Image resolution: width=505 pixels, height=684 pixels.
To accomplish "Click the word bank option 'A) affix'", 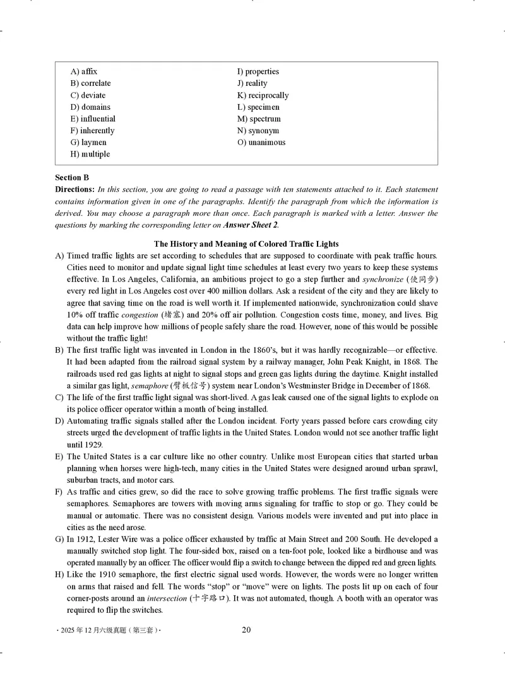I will [84, 71].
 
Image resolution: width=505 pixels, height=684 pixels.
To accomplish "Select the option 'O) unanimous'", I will [261, 143].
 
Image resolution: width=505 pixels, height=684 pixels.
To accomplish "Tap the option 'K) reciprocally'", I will [263, 95].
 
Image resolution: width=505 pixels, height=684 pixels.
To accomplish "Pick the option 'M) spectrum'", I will [259, 119].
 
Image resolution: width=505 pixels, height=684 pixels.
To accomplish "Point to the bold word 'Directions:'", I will [75, 189].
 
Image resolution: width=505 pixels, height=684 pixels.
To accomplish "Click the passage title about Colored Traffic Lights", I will [246, 244].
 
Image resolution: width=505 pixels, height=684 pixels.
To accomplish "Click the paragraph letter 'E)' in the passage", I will [59, 456].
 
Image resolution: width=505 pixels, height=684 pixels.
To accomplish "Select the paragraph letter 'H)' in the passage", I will [60, 574].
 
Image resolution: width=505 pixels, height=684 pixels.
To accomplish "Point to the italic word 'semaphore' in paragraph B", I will [150, 386].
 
